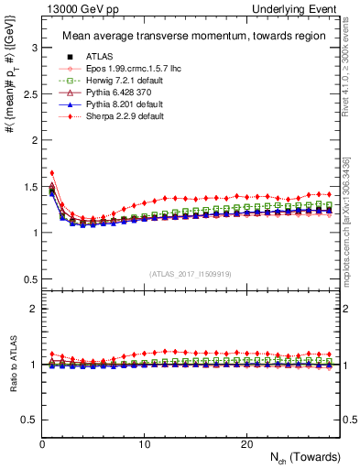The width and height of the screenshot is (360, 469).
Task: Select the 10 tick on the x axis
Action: pos(144,443)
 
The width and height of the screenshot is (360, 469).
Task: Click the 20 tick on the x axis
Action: pos(246,443)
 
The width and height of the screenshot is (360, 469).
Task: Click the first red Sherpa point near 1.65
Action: pos(52,172)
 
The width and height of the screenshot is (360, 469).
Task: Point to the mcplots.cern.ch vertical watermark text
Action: pos(350,229)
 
